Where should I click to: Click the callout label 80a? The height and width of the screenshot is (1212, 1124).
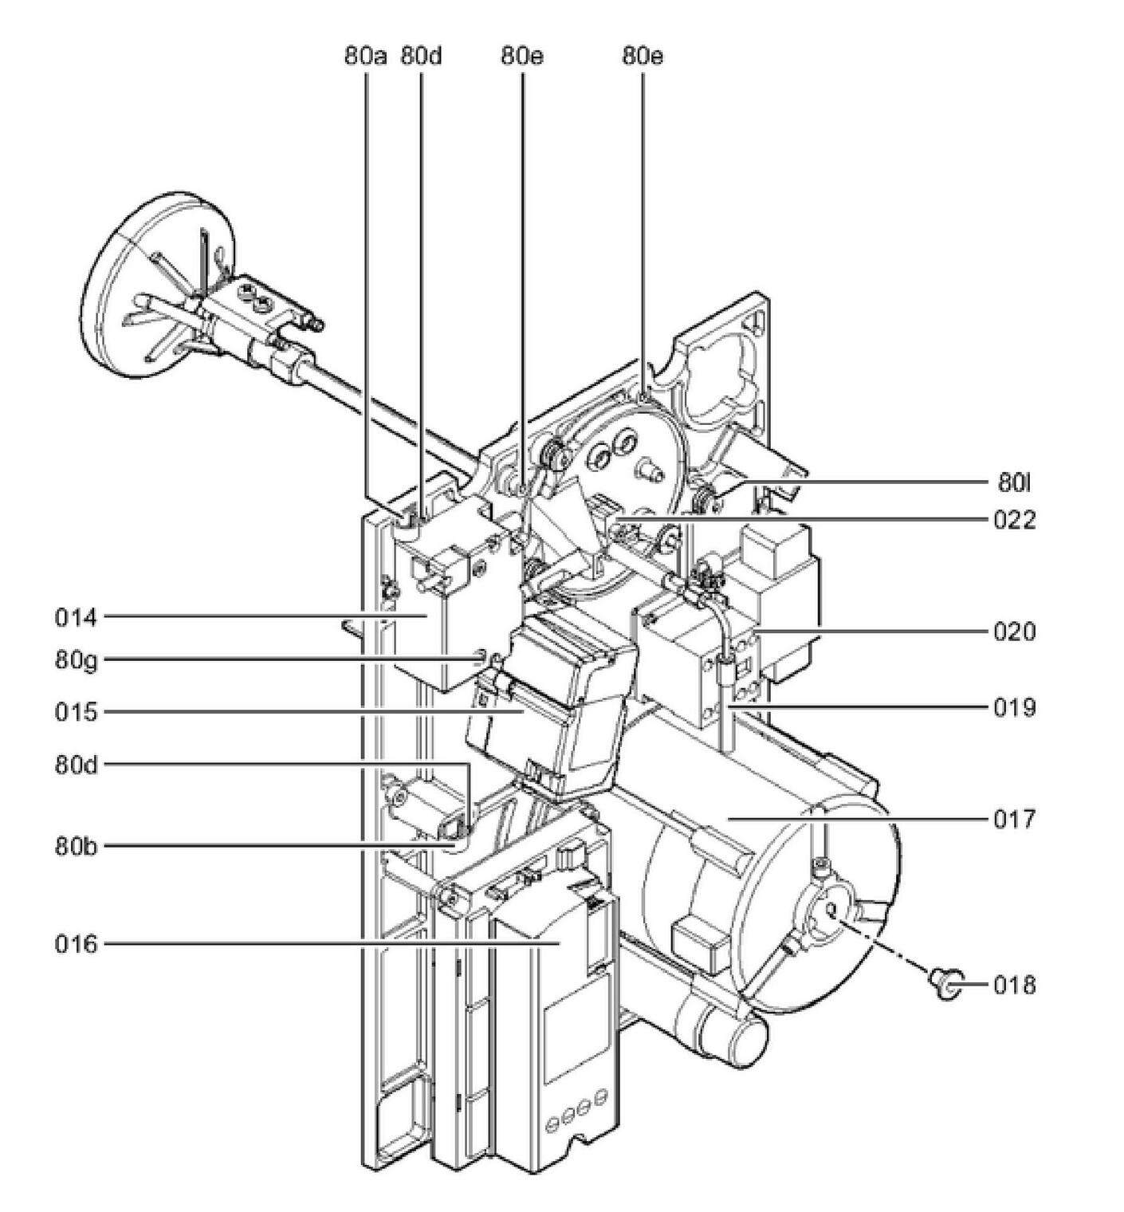point(365,57)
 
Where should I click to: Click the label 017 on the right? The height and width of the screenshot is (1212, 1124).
point(1014,819)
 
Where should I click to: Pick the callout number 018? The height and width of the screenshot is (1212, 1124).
point(1014,986)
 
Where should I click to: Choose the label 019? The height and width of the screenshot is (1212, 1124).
point(1014,707)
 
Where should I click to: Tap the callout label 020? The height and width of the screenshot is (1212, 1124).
point(1014,632)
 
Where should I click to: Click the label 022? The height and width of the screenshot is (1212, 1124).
point(1014,521)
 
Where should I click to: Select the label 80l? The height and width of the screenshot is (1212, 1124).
point(1016,482)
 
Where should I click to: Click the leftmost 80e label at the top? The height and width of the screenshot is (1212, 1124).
point(522,57)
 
